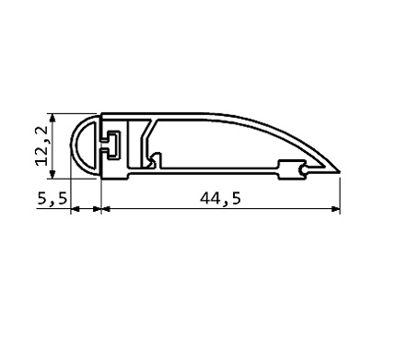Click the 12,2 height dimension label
(x=42, y=145)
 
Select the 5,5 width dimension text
(x=52, y=199)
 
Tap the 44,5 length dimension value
(x=220, y=199)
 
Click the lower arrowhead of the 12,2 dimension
(x=52, y=174)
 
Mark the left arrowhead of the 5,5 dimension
(x=76, y=209)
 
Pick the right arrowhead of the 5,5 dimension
(x=97, y=209)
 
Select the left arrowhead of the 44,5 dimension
(x=106, y=209)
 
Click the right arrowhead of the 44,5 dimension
(x=335, y=209)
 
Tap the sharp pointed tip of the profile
(x=340, y=172)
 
